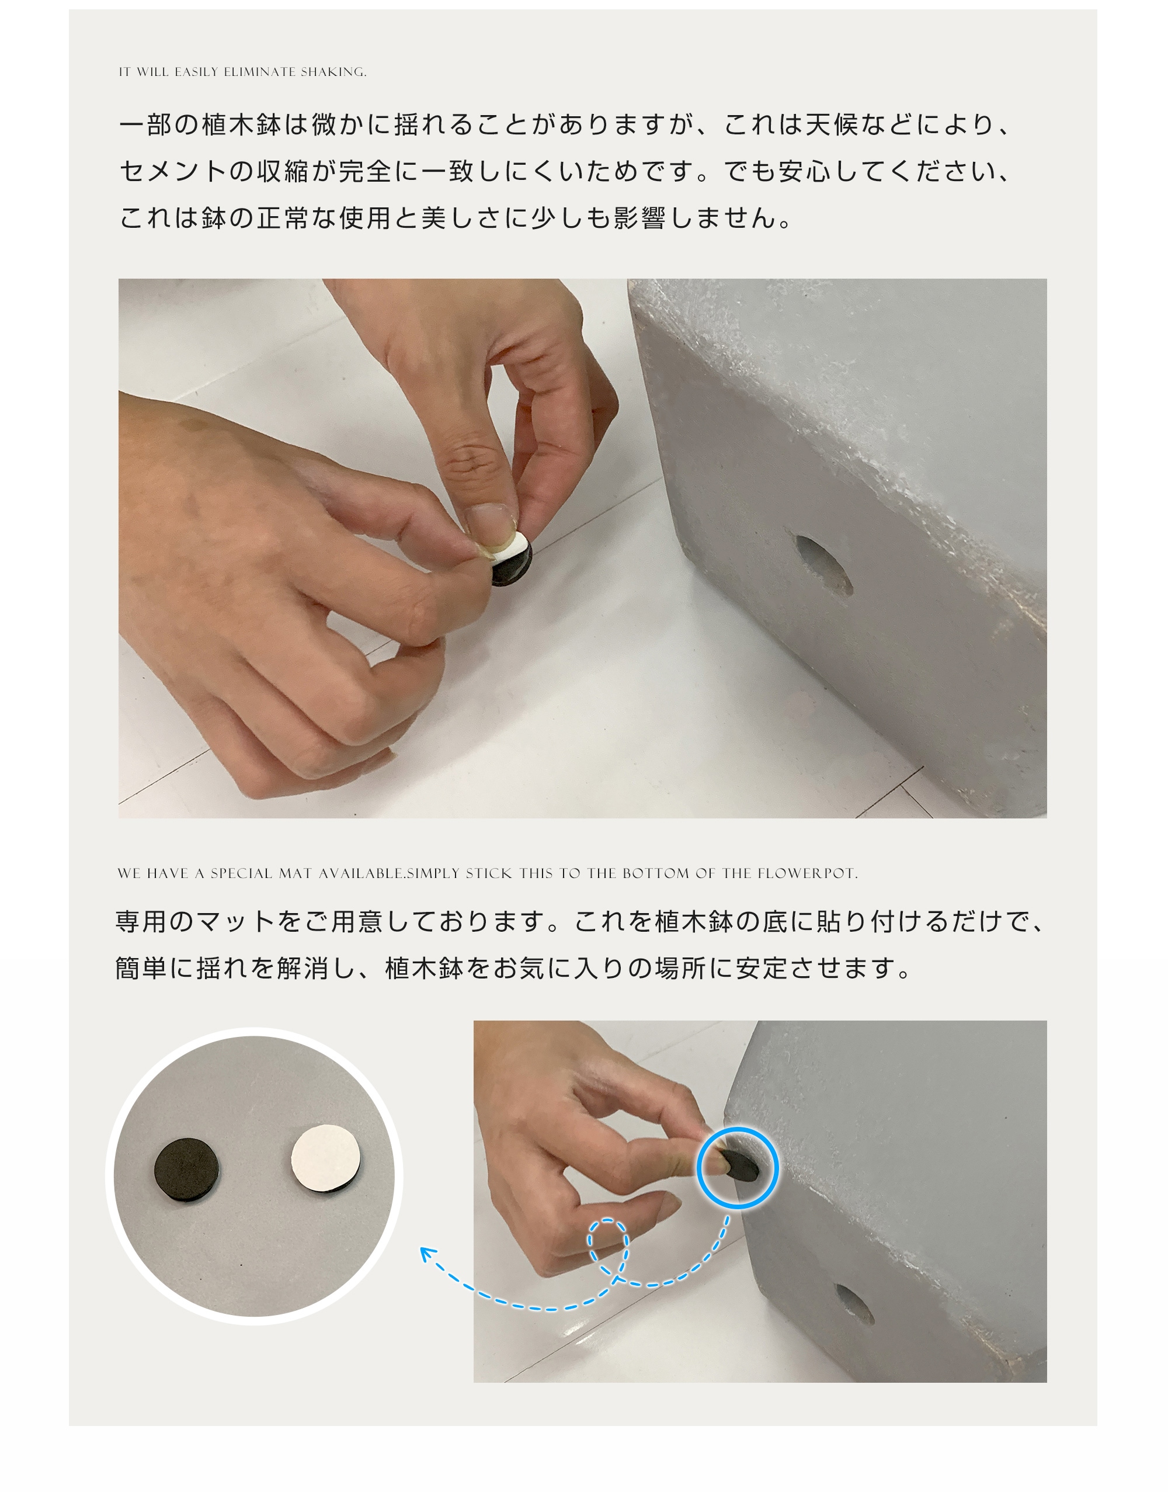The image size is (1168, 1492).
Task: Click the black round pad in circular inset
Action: click(x=186, y=1171)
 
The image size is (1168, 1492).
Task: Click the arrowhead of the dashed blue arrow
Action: click(x=426, y=1252)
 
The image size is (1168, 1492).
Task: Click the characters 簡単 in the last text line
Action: click(x=141, y=968)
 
